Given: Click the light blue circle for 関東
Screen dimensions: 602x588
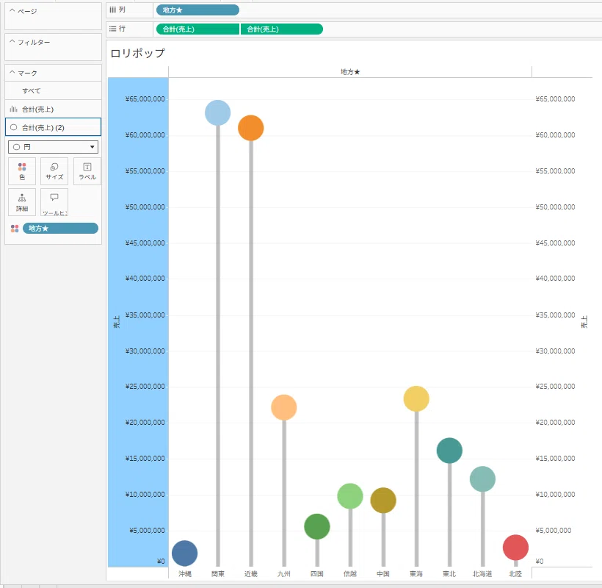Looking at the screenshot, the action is (x=218, y=112).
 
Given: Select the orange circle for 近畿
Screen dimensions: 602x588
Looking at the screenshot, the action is (x=250, y=128).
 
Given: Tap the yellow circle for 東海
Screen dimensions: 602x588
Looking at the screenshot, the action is (x=416, y=398).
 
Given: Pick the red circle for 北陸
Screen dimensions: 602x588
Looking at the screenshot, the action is (x=515, y=548).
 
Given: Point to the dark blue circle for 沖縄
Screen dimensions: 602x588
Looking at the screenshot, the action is (x=185, y=553).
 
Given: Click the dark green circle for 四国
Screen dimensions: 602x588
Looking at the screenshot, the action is (x=317, y=526).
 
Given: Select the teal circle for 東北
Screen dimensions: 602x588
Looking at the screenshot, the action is (x=449, y=451).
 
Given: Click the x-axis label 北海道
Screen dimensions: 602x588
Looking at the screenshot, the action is (x=482, y=574).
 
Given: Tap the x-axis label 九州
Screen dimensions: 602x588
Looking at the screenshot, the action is (x=283, y=574).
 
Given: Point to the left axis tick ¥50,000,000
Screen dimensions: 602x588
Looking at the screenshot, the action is (x=145, y=207).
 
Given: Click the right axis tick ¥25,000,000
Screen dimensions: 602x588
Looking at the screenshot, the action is (x=555, y=386).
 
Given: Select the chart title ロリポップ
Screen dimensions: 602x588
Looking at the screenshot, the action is (x=137, y=53).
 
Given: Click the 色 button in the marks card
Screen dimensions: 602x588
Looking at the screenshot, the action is (x=22, y=171).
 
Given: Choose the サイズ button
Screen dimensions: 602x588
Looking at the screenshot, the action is (x=54, y=171).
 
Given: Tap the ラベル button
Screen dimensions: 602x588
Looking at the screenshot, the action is (x=87, y=171).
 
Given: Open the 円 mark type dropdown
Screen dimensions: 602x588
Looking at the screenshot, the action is (x=53, y=147).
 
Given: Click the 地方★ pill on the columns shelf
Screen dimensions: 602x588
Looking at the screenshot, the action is (x=197, y=10).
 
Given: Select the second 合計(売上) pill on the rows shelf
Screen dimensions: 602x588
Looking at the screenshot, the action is (x=282, y=29).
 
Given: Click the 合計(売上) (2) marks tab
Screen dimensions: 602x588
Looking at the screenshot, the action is (x=53, y=127).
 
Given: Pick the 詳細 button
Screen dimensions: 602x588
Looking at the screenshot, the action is (x=22, y=202).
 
